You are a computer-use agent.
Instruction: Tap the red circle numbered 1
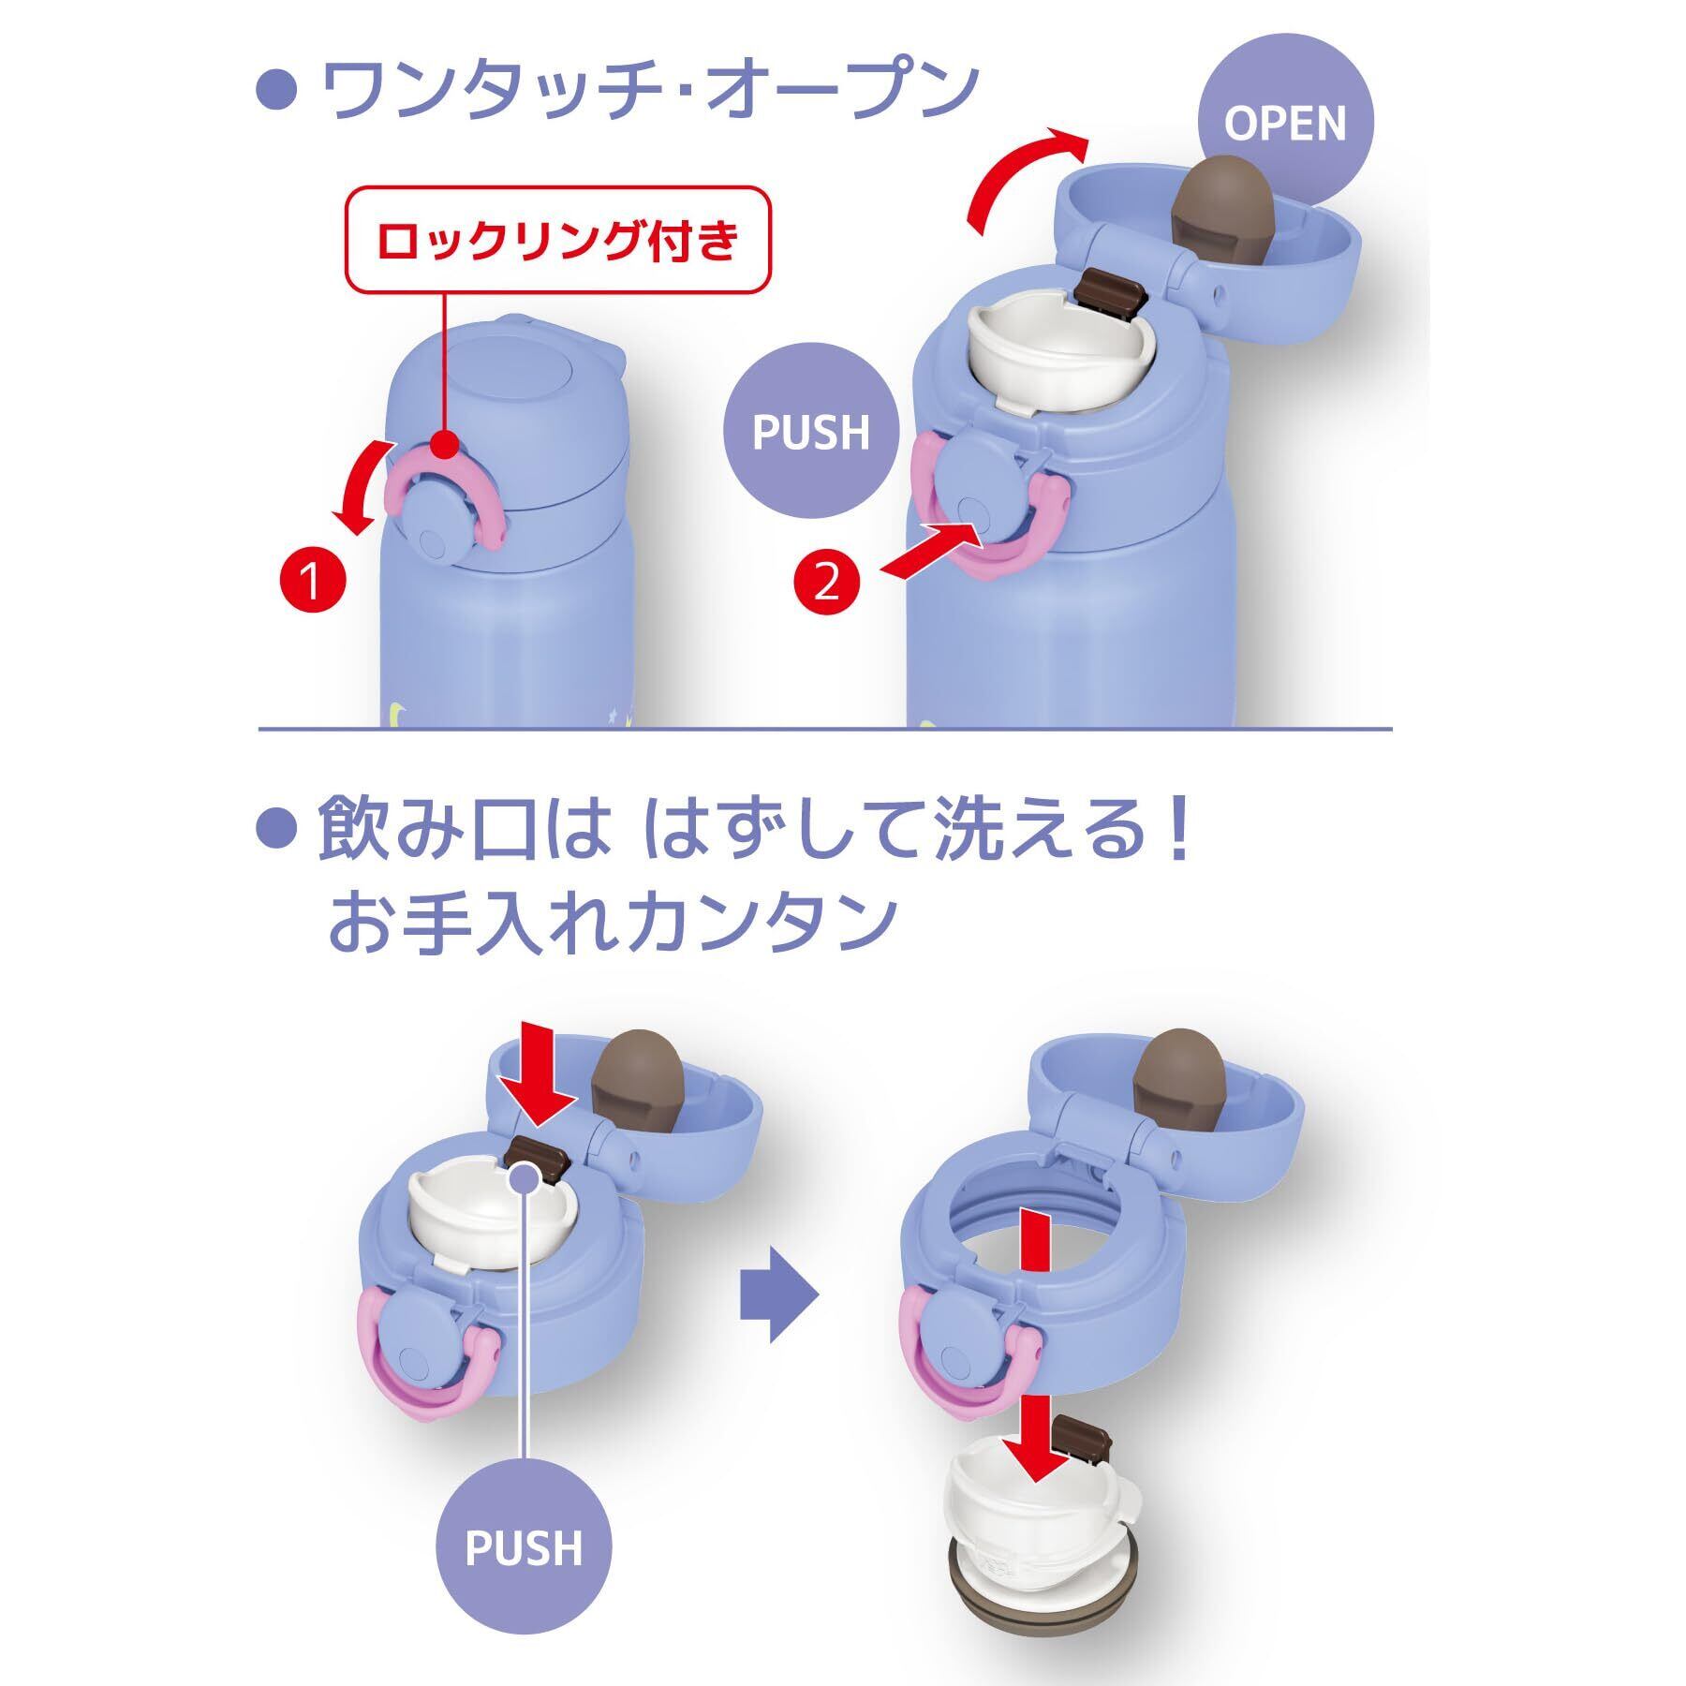click(312, 583)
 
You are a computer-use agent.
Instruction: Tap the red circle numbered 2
click(825, 584)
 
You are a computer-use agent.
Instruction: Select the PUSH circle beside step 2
click(811, 434)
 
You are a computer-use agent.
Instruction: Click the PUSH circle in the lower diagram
click(524, 1548)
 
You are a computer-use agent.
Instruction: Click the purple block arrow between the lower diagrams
click(779, 1296)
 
